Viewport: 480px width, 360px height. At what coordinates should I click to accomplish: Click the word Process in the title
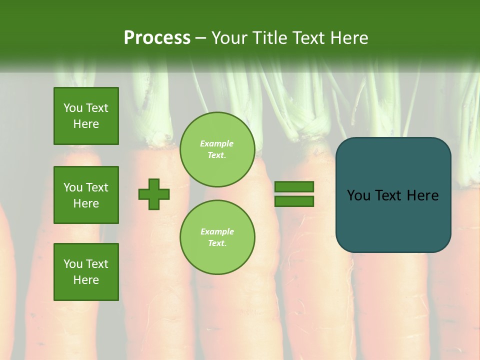click(157, 38)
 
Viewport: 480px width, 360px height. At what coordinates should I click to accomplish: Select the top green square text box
click(86, 116)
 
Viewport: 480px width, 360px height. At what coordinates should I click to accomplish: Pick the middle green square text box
click(86, 195)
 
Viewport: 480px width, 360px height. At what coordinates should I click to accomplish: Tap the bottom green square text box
click(86, 272)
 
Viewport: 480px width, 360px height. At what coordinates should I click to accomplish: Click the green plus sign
click(154, 194)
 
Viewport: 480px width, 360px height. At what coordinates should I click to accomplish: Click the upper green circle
click(217, 149)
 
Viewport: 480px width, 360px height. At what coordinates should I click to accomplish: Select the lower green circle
click(217, 237)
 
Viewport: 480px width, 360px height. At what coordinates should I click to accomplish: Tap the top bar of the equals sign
click(294, 187)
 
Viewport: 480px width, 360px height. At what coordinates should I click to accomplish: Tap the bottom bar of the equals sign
click(294, 201)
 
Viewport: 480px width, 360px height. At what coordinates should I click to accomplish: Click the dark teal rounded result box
click(393, 195)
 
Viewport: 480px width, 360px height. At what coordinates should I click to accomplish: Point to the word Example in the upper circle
click(217, 143)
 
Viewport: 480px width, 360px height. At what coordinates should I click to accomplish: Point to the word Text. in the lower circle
click(217, 243)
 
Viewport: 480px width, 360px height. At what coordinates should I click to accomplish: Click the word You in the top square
click(73, 108)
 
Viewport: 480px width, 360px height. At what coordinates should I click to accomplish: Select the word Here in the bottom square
click(86, 280)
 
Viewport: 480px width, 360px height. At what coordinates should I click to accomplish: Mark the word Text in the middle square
click(97, 187)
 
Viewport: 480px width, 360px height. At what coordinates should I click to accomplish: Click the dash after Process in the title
click(200, 38)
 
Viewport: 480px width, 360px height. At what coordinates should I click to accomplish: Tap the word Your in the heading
click(229, 38)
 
